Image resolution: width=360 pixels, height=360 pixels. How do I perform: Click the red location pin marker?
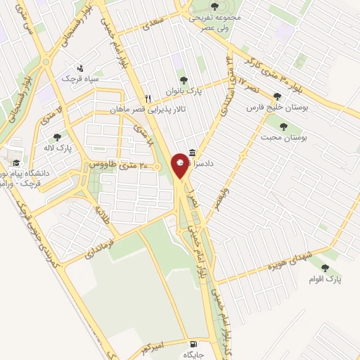(x=181, y=167)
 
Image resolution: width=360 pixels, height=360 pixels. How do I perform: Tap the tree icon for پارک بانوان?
(x=184, y=80)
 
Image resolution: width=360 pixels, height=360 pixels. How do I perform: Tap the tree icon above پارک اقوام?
(x=324, y=267)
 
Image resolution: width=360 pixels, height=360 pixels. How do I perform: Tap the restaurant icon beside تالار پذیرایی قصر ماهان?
(x=148, y=98)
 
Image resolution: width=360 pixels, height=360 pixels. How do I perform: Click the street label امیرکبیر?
(x=154, y=346)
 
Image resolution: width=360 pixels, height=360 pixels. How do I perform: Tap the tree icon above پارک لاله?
(x=57, y=137)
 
